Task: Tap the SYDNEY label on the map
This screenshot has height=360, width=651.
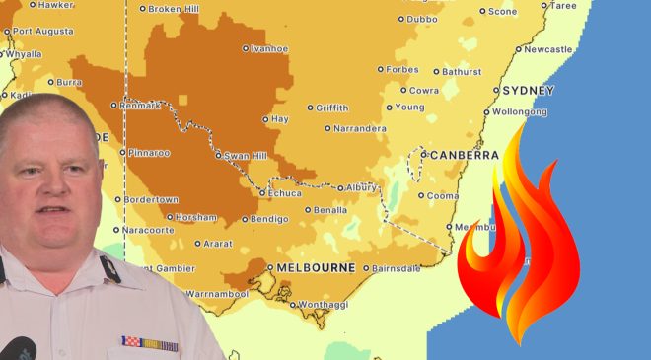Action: click(529, 91)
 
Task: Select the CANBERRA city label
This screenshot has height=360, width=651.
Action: click(462, 155)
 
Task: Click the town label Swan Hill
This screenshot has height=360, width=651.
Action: click(245, 155)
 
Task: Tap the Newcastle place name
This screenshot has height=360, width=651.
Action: click(548, 48)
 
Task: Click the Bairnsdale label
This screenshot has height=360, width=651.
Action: click(398, 268)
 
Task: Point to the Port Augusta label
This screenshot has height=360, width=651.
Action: click(43, 31)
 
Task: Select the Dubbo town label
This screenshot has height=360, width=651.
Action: click(422, 19)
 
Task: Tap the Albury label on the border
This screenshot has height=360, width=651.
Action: click(361, 187)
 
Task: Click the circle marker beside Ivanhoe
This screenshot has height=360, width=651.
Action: click(246, 47)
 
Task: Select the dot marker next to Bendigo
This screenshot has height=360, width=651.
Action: click(246, 219)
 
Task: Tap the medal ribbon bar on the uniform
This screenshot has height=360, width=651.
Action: click(148, 343)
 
